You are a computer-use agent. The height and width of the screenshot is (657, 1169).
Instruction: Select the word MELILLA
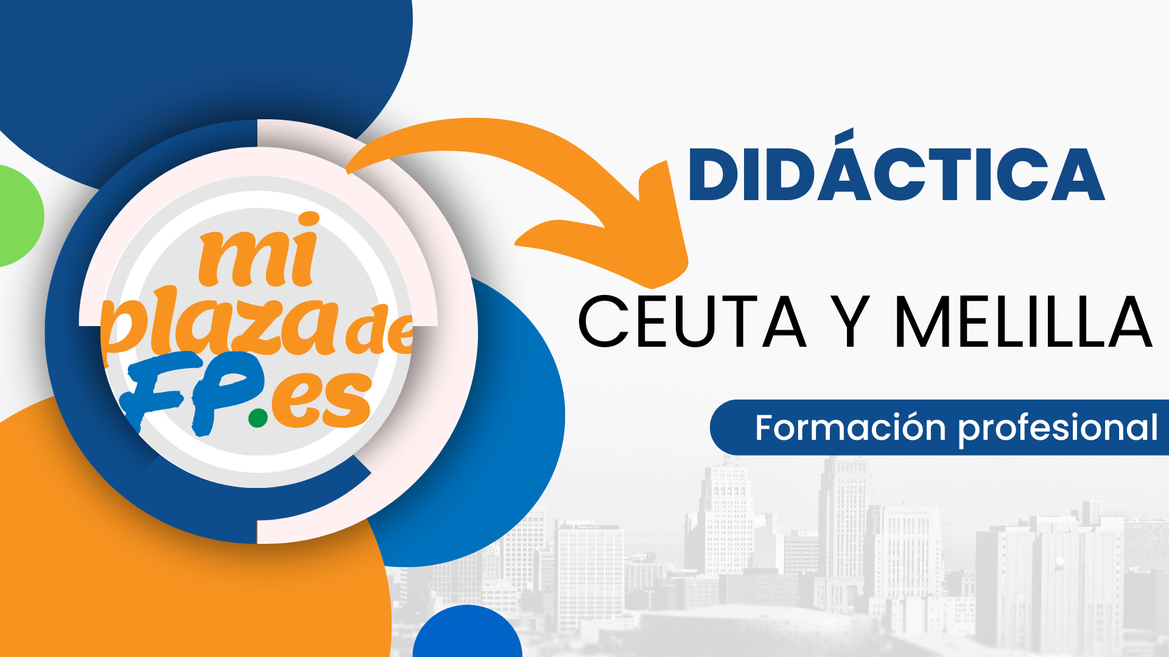pyautogui.click(x=1023, y=322)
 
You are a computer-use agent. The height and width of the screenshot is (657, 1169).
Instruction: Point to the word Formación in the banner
pyautogui.click(x=851, y=427)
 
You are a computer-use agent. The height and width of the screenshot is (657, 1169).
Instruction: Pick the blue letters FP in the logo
pyautogui.click(x=192, y=392)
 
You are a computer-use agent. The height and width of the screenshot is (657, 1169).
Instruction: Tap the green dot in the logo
pyautogui.click(x=258, y=418)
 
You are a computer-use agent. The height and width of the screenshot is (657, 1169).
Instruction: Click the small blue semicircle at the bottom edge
pyautogui.click(x=467, y=633)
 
